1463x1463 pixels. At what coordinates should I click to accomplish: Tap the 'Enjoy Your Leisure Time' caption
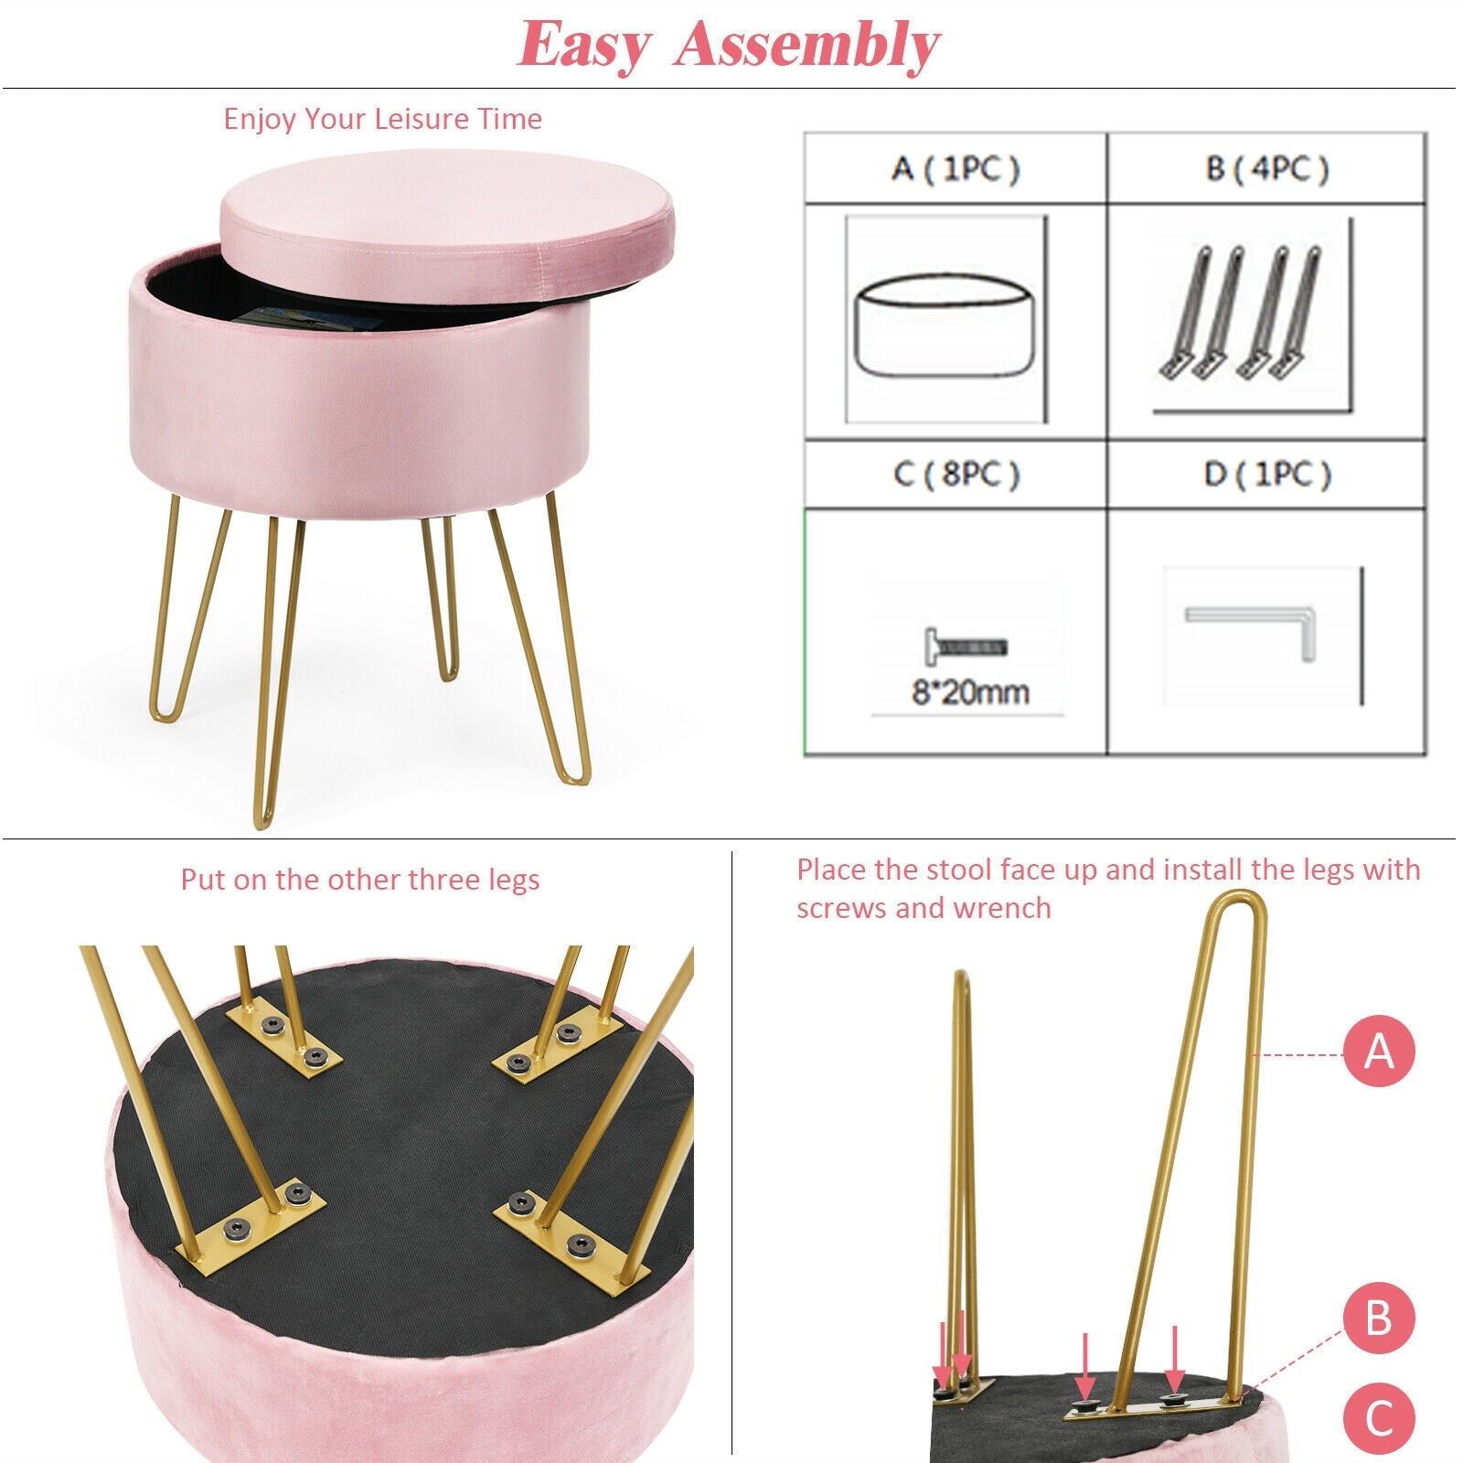[382, 119]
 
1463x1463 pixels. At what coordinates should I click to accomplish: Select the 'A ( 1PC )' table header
[956, 169]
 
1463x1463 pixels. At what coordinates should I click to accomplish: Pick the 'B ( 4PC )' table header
[1266, 169]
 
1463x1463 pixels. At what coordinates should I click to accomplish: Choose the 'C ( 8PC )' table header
[956, 475]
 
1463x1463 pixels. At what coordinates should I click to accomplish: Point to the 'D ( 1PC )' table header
[1266, 475]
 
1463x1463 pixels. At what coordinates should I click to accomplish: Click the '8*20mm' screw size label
[969, 692]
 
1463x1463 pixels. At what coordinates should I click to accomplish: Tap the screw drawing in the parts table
[966, 646]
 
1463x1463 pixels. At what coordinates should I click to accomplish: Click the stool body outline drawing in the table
[945, 328]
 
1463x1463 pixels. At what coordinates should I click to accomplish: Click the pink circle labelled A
[1379, 1052]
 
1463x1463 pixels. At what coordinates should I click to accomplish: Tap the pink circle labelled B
[1379, 1319]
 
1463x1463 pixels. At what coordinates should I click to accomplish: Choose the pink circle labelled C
[1379, 1418]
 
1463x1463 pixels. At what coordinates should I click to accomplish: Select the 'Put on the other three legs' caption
[359, 880]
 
